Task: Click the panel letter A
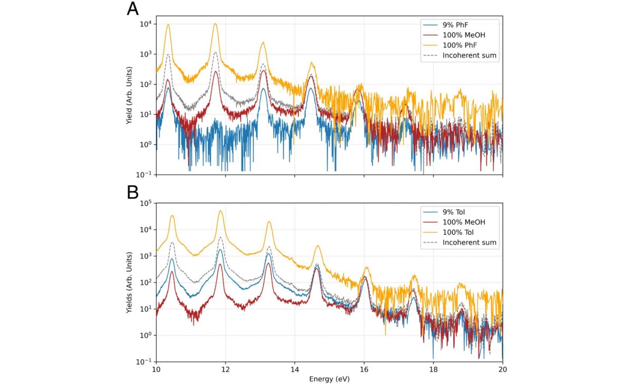click(133, 10)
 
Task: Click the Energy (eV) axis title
click(329, 379)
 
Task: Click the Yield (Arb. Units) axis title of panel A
click(130, 95)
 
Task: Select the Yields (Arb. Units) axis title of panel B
click(130, 283)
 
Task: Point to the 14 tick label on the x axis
click(294, 368)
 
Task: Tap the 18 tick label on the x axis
click(433, 368)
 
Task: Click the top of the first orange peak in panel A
click(168, 24)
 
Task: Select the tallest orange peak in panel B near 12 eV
click(220, 211)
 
